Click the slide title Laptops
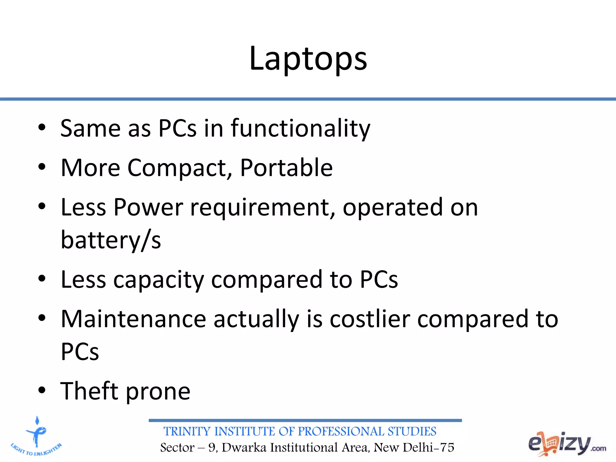click(308, 59)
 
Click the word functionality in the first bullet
click(300, 129)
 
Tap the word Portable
click(286, 168)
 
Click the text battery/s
click(111, 240)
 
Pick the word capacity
click(159, 280)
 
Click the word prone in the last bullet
click(158, 392)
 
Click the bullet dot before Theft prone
click(42, 390)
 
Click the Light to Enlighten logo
click(36, 436)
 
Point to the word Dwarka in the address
click(244, 448)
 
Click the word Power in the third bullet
click(148, 208)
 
